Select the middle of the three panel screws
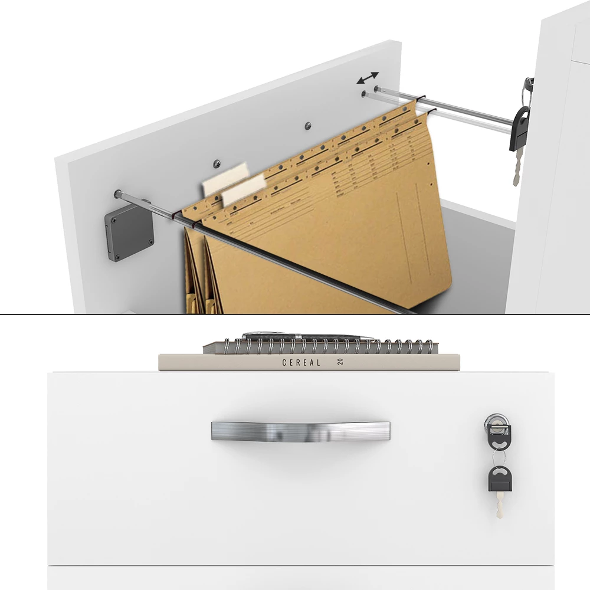point(307,126)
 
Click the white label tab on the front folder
point(243,190)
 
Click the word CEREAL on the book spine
point(301,363)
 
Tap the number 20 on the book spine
point(340,362)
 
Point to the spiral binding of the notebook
point(324,346)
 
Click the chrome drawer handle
point(300,431)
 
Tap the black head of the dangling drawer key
point(499,479)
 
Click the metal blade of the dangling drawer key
point(500,506)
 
